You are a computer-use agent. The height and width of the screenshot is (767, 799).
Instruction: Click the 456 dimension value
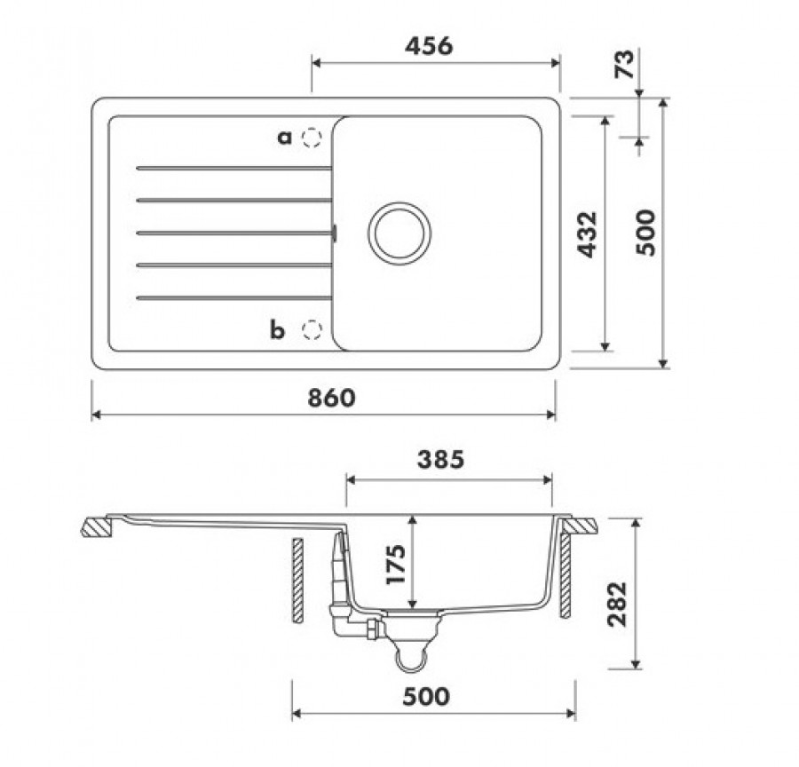pos(429,46)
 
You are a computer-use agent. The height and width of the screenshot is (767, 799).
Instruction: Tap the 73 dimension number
pos(625,64)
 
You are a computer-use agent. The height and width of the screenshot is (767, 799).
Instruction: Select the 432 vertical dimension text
pos(587,234)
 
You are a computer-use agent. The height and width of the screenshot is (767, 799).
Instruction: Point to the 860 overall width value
pos(331,398)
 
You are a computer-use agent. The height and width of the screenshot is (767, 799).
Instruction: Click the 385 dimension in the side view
pos(440,459)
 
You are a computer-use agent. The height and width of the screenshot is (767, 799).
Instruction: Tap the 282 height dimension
pos(617,604)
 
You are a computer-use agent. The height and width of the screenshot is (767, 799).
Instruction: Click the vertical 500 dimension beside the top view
pos(645,233)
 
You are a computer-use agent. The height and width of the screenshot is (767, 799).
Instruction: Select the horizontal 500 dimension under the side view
pos(426,696)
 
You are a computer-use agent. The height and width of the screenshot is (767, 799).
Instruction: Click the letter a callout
pos(284,137)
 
